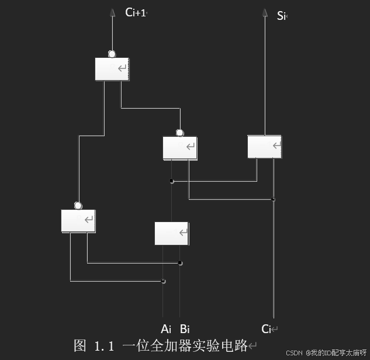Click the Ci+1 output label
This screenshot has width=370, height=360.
point(135,12)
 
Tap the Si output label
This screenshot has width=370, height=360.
point(281,16)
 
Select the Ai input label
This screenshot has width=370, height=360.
point(166,328)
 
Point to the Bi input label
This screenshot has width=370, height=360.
point(185,328)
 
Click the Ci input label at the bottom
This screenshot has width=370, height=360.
point(267,329)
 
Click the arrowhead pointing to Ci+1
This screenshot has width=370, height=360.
point(112,12)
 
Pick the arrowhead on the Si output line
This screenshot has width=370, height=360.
point(265,12)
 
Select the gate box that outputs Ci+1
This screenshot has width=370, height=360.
point(112,69)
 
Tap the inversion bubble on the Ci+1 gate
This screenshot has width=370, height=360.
point(112,54)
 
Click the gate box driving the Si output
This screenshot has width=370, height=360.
point(264,147)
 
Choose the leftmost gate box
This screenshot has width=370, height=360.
point(78,220)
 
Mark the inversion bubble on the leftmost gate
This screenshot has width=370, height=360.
point(78,205)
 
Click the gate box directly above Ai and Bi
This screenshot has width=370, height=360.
point(171,233)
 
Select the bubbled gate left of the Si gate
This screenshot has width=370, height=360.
point(179,148)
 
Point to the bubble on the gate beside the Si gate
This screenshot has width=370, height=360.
point(179,133)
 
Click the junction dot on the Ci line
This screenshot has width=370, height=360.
point(273,200)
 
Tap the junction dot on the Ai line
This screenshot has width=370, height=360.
point(163,282)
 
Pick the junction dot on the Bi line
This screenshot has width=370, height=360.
point(180,263)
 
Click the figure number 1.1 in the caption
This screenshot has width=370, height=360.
point(103,345)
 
